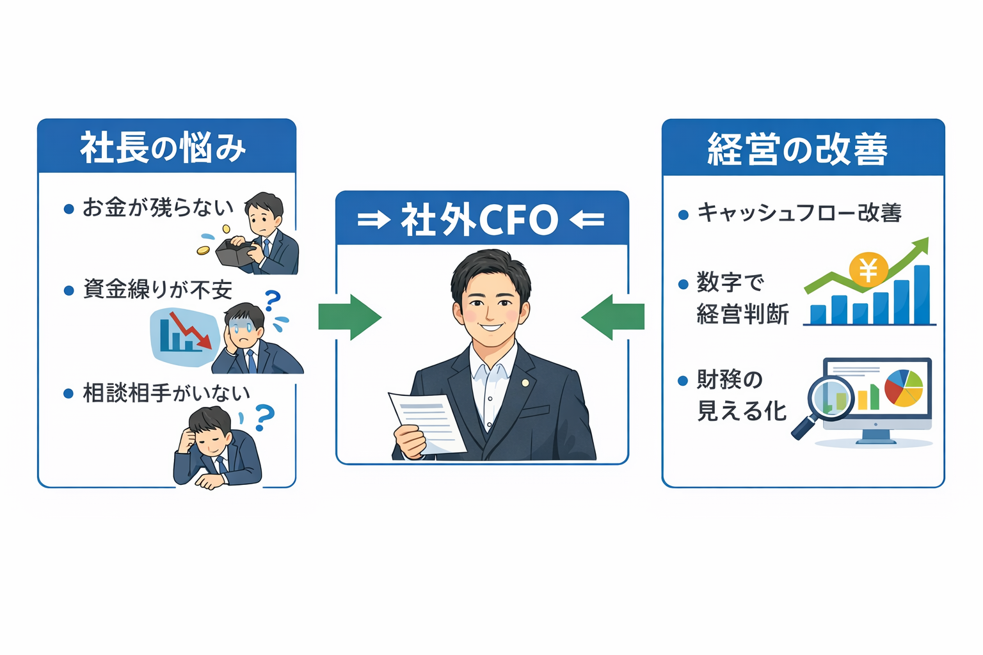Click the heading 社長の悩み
pyautogui.click(x=163, y=147)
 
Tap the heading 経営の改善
pyautogui.click(x=798, y=149)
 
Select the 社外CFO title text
pyautogui.click(x=479, y=219)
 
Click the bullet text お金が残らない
pyautogui.click(x=158, y=208)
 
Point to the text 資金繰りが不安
pyautogui.click(x=157, y=290)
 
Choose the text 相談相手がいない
pyautogui.click(x=166, y=393)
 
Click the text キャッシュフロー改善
pyautogui.click(x=799, y=213)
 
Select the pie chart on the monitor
pyautogui.click(x=904, y=388)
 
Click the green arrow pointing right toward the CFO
pyautogui.click(x=350, y=317)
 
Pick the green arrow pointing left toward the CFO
pyautogui.click(x=613, y=317)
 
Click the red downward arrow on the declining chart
pyautogui.click(x=191, y=330)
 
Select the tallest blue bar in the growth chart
pyautogui.click(x=922, y=294)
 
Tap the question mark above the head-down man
pyautogui.click(x=264, y=417)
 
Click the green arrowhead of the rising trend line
pyautogui.click(x=921, y=245)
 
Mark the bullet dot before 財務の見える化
pyautogui.click(x=682, y=381)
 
